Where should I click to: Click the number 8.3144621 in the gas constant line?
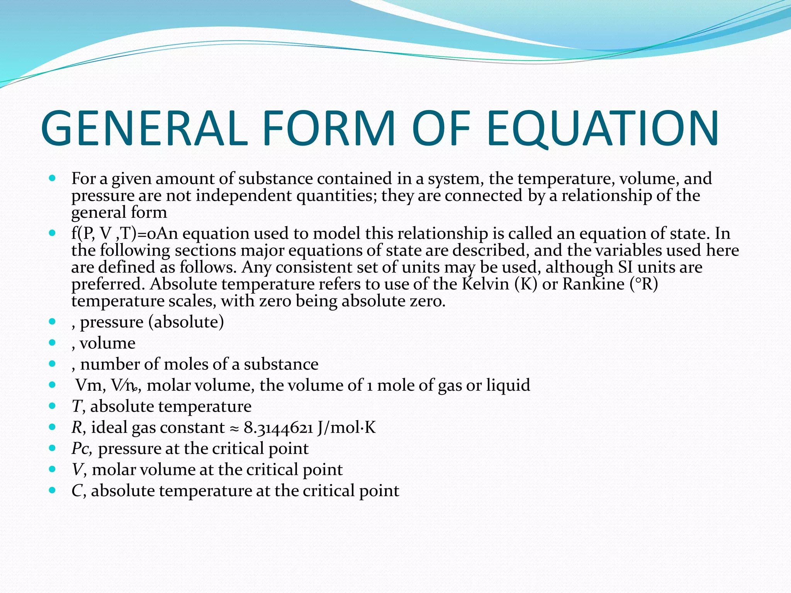pos(278,427)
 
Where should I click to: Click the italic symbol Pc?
pos(81,449)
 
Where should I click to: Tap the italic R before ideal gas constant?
pos(77,427)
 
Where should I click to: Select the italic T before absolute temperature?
pos(76,407)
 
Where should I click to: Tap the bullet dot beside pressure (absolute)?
pos(53,321)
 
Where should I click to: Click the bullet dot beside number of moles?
pos(53,363)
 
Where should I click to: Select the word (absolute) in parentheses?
pos(186,322)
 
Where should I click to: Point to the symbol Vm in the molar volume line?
pos(89,385)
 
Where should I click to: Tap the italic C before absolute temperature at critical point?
pos(76,491)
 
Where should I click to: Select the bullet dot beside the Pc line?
pos(53,448)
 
